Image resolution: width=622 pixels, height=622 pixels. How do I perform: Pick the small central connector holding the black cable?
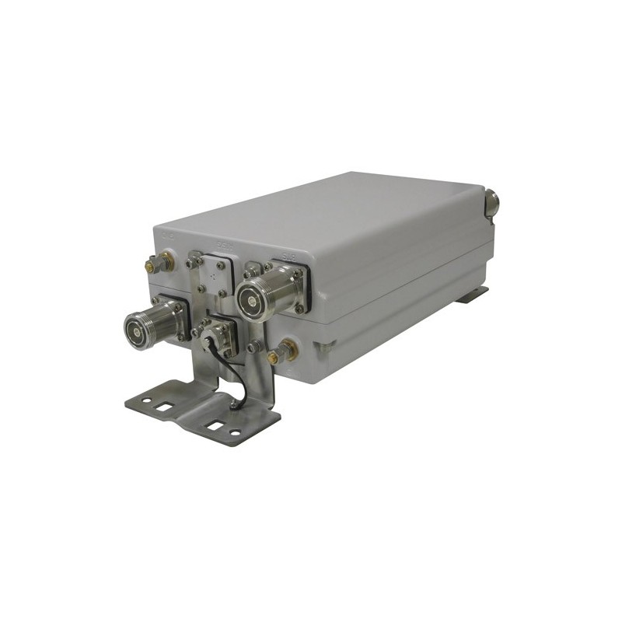(211, 334)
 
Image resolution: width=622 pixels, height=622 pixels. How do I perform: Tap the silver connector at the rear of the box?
(491, 204)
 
